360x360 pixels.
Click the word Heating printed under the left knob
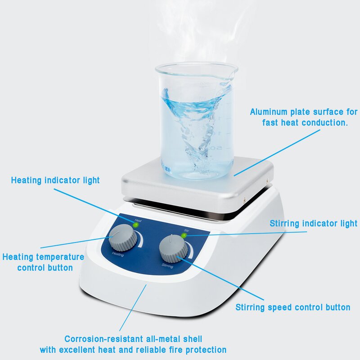click(118, 255)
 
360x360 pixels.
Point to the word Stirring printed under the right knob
click(167, 265)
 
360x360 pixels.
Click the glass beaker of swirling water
click(197, 121)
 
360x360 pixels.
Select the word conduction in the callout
click(325, 122)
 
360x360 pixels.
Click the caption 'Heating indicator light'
click(55, 180)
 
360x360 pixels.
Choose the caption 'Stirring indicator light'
click(313, 223)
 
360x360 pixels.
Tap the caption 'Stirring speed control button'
click(293, 307)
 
